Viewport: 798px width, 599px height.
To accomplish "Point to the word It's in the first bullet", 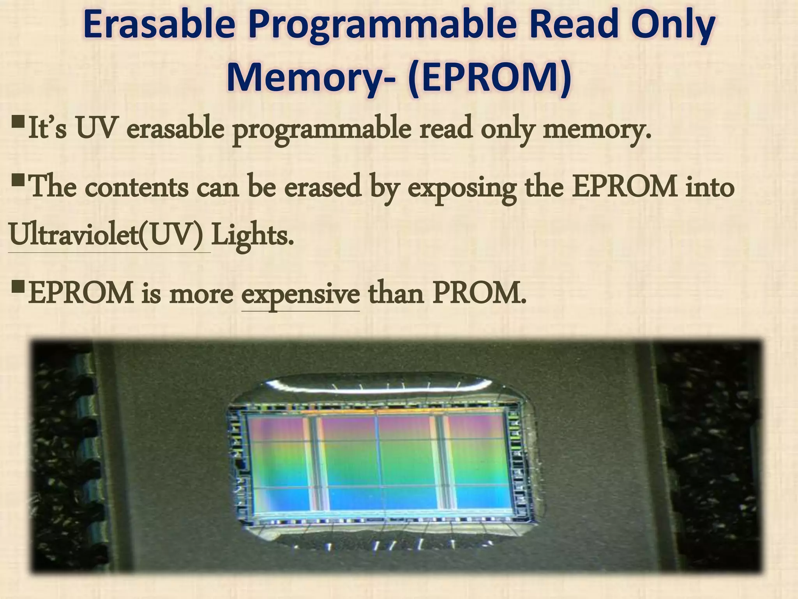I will click(x=47, y=129).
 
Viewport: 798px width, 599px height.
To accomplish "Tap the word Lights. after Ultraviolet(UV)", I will click(x=252, y=236).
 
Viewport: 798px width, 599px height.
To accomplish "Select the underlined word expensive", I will click(x=300, y=294).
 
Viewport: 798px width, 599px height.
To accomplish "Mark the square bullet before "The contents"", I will click(x=18, y=181).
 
